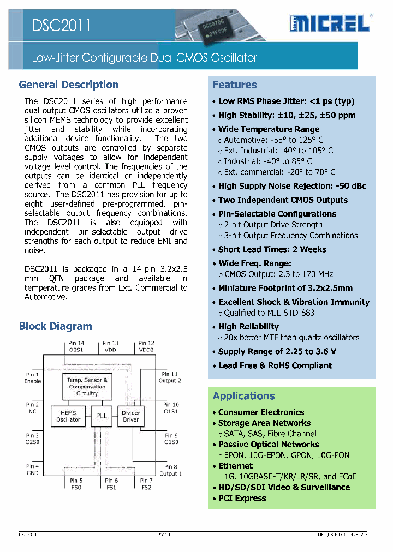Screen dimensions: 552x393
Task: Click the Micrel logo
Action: (x=330, y=23)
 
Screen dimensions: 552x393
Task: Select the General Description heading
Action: (x=69, y=85)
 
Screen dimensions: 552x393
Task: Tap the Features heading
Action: (x=235, y=85)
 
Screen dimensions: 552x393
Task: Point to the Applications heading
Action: (x=243, y=396)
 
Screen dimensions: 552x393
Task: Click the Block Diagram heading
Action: (x=55, y=326)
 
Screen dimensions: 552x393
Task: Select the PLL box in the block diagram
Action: (x=102, y=416)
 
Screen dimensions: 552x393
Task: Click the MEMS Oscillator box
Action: (x=68, y=416)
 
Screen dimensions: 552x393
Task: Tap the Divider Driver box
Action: (x=130, y=416)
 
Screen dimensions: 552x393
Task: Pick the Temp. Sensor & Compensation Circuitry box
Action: (x=87, y=386)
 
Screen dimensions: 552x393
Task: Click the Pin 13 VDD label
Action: (x=111, y=346)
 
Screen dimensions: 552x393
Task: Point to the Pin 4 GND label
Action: (x=33, y=470)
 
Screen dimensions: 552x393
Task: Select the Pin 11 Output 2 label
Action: (x=170, y=377)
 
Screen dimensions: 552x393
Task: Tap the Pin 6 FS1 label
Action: (x=111, y=484)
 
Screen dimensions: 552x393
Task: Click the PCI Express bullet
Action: (x=242, y=498)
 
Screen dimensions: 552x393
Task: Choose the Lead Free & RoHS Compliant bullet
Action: (x=275, y=365)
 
